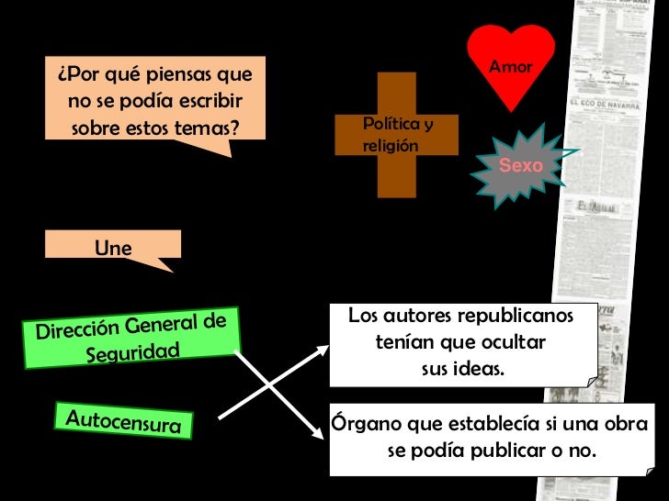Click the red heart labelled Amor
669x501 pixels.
[x=511, y=78]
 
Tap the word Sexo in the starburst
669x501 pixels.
[x=520, y=165]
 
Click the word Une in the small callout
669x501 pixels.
[x=113, y=248]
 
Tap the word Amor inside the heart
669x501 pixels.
[x=511, y=67]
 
